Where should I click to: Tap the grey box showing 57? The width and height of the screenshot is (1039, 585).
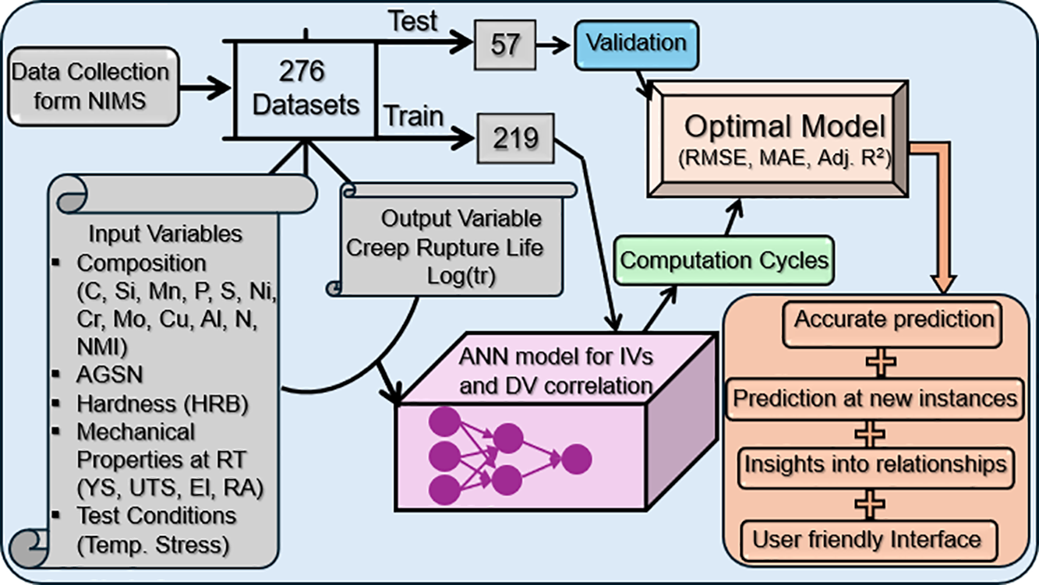coord(505,44)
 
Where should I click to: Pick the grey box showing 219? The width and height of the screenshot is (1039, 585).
coord(515,139)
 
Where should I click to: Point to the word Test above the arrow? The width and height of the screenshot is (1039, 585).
coord(415,22)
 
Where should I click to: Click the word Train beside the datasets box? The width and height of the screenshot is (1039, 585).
coord(414,117)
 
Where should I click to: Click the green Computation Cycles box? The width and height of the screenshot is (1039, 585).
coord(724,259)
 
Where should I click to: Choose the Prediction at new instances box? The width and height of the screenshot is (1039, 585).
coord(876,398)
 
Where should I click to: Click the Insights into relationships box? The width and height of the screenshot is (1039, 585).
coord(875,464)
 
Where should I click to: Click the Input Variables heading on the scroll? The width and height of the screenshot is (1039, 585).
coord(165,234)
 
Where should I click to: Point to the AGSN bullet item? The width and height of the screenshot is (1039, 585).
coord(110,375)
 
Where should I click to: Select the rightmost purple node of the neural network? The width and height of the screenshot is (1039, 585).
coord(576,459)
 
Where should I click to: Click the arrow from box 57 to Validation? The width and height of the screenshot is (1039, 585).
coord(556,44)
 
